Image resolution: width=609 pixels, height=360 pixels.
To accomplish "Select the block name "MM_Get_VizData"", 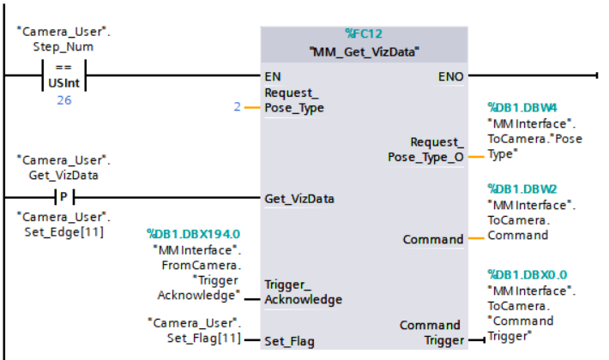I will pyautogui.click(x=364, y=52).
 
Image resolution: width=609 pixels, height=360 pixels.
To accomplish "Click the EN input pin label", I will pyautogui.click(x=274, y=76).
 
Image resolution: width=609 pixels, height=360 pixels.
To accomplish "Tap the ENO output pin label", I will pyautogui.click(x=451, y=76).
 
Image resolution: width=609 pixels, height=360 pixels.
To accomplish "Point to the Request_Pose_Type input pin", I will pyautogui.click(x=295, y=100).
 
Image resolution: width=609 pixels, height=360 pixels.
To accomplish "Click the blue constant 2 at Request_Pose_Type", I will pyautogui.click(x=237, y=107).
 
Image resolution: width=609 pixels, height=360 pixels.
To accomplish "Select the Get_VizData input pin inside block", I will pyautogui.click(x=299, y=198).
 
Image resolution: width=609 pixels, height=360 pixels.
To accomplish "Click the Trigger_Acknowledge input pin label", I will pyautogui.click(x=303, y=291).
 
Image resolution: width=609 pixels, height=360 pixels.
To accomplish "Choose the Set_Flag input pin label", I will pyautogui.click(x=289, y=340).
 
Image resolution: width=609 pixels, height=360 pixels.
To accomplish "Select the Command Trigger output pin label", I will pyautogui.click(x=430, y=333).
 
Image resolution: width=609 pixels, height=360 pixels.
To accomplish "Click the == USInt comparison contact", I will pyautogui.click(x=63, y=76).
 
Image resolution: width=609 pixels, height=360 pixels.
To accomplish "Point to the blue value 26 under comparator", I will pyautogui.click(x=63, y=100).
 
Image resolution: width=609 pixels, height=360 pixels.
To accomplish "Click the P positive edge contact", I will pyautogui.click(x=63, y=197).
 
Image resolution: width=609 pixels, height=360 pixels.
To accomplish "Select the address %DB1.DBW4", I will pyautogui.click(x=523, y=108).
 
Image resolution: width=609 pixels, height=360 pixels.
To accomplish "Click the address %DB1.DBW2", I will pyautogui.click(x=523, y=189).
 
